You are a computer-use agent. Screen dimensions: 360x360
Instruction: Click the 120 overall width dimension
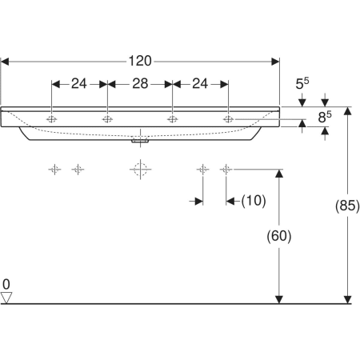(x=140, y=61)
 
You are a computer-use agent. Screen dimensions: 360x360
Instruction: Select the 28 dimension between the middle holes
(x=140, y=84)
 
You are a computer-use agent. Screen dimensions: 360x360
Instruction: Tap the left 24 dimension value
(x=79, y=84)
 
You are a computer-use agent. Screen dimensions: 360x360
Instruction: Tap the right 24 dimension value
(x=200, y=84)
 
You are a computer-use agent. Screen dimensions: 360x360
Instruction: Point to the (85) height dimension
(x=347, y=206)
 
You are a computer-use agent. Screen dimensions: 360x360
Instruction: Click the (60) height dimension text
(x=279, y=236)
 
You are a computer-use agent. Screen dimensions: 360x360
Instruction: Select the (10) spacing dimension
(x=254, y=201)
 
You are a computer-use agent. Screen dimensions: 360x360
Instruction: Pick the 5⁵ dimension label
(x=302, y=83)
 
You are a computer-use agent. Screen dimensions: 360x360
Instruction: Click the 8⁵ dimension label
(x=325, y=117)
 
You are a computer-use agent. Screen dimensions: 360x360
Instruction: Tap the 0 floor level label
(x=6, y=284)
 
